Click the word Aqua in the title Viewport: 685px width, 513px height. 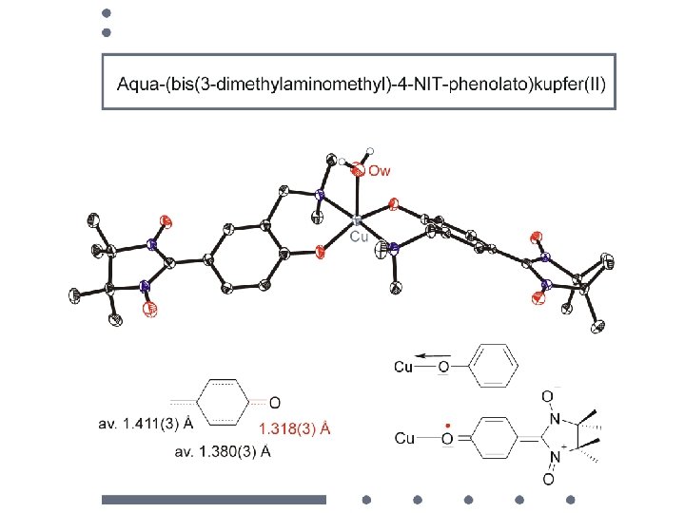coord(137,84)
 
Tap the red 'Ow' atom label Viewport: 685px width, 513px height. coord(379,171)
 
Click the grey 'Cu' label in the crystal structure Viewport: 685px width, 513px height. coord(359,236)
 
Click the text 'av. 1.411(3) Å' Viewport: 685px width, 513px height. coord(145,420)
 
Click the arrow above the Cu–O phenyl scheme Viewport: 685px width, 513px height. coord(433,358)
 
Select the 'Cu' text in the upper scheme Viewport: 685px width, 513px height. coord(402,367)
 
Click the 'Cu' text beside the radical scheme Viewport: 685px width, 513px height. coord(404,438)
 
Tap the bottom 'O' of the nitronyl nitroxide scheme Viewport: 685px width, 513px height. coord(549,479)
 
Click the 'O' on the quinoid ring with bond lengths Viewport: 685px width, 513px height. coord(275,402)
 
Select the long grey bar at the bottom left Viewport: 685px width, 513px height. coord(214,499)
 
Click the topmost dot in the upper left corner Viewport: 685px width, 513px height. coord(107,14)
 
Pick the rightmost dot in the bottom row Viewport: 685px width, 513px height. coord(570,499)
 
